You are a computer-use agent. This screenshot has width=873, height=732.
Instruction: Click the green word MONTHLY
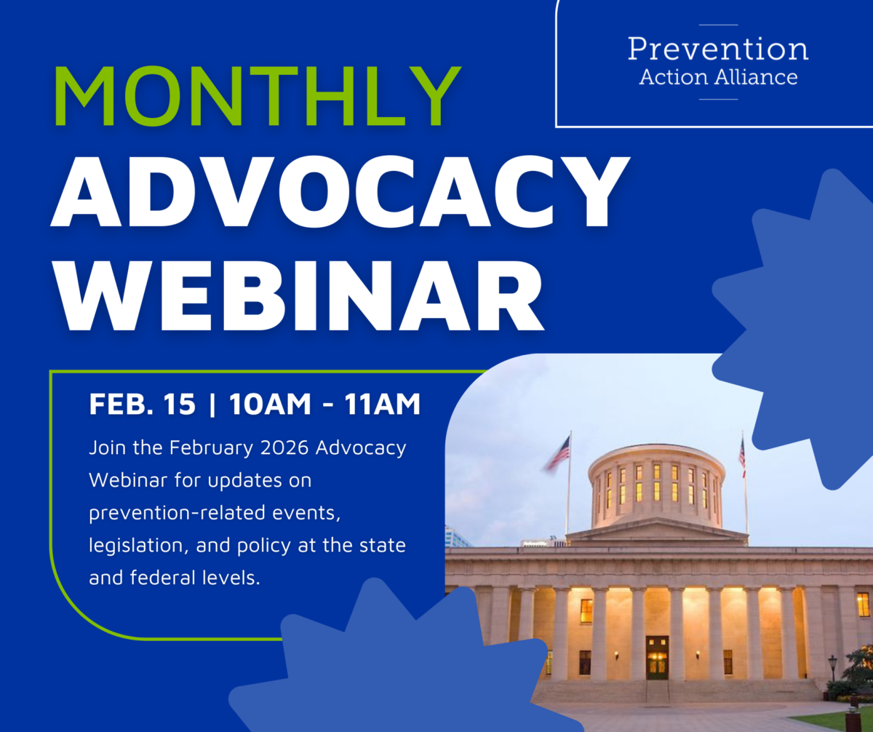[257, 98]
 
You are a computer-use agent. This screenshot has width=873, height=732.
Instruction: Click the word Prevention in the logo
[718, 49]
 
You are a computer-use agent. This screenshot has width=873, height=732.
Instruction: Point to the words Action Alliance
[718, 76]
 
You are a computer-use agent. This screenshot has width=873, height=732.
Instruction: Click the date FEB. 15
[142, 405]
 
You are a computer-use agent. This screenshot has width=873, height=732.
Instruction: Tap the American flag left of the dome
[558, 453]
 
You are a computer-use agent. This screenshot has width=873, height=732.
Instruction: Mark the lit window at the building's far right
[863, 604]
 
